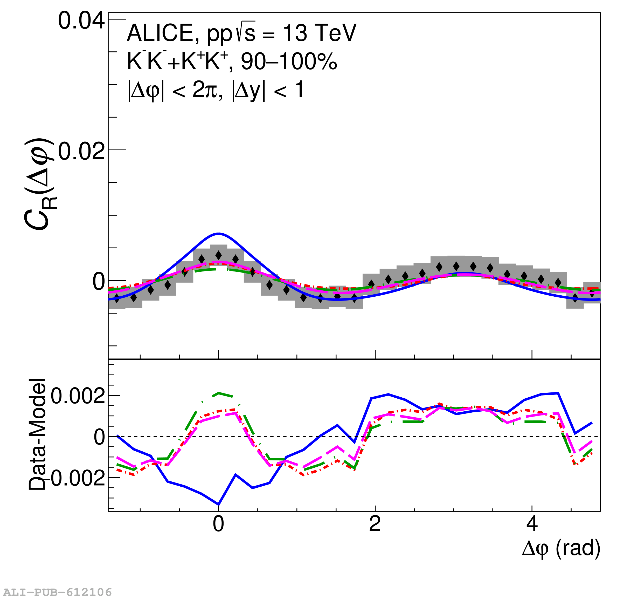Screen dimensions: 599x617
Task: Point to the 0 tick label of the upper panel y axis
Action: tap(99, 282)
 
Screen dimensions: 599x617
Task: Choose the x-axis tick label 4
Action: tap(532, 524)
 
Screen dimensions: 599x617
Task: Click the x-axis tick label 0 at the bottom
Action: tap(218, 524)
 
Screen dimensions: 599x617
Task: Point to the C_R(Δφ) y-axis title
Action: tap(38, 184)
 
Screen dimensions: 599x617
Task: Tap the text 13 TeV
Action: tap(320, 33)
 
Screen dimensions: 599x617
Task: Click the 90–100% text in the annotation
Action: tap(289, 62)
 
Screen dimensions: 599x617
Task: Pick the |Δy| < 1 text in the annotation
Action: tap(268, 91)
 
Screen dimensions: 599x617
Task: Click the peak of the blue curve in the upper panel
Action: tap(218, 234)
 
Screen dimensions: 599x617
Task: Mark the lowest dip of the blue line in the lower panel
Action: tap(218, 504)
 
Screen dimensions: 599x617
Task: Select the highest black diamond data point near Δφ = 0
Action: tap(218, 255)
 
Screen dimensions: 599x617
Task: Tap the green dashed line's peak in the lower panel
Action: tap(218, 393)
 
